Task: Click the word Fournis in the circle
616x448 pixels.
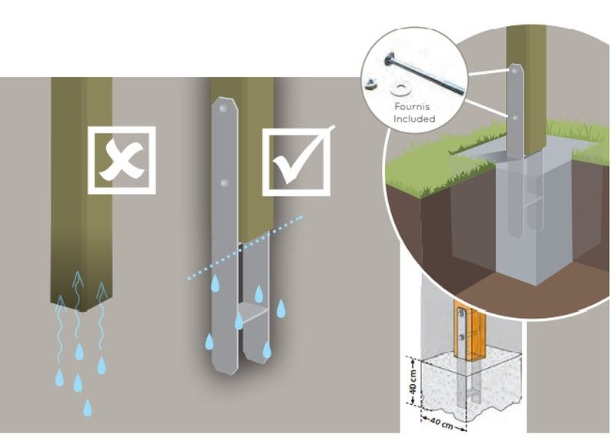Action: pos(414,108)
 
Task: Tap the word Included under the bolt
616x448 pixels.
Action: pos(414,119)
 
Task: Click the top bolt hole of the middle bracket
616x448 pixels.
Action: pos(223,110)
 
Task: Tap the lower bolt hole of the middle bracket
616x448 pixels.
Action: pos(223,183)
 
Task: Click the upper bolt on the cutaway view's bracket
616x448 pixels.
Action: pos(514,72)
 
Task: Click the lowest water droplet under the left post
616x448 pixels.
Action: pos(87,407)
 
